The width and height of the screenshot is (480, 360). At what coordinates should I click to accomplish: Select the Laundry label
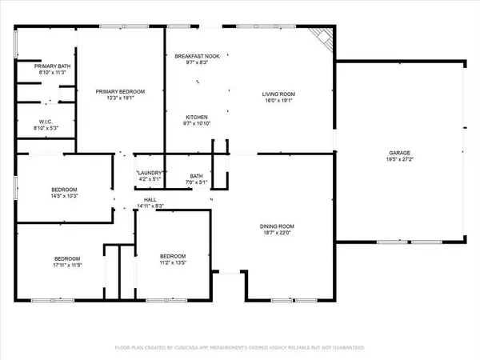click(150, 174)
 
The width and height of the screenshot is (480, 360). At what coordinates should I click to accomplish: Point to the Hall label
click(150, 200)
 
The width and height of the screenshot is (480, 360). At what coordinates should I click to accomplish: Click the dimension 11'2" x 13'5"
click(171, 260)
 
